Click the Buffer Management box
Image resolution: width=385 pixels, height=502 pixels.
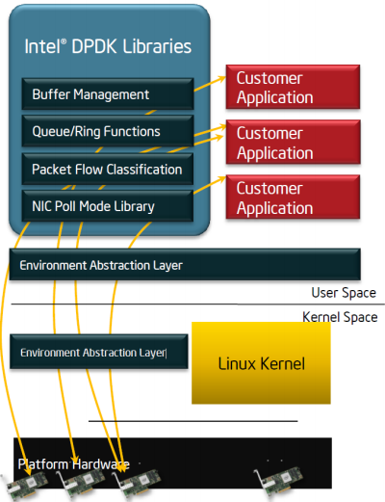pos(108,93)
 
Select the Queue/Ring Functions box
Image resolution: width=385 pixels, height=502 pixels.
pos(108,131)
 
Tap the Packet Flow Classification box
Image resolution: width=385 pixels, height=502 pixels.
pos(108,169)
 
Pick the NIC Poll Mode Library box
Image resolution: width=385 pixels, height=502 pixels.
pos(108,206)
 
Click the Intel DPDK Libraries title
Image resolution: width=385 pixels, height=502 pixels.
pos(108,46)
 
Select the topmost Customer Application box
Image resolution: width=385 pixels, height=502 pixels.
pos(293,87)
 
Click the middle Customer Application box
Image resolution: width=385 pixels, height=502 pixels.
pos(293,142)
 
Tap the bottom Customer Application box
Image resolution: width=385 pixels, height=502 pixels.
pos(293,197)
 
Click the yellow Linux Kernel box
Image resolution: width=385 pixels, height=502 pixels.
pos(261,363)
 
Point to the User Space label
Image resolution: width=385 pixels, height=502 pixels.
pos(344,293)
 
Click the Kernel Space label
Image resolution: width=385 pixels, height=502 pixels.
pos(340,317)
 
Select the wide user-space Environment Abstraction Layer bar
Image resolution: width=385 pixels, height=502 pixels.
pos(185,264)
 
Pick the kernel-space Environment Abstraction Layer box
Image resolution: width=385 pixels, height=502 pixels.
pos(99,352)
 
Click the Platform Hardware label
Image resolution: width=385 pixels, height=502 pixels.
pos(74,464)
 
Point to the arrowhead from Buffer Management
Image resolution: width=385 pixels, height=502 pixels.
pos(221,78)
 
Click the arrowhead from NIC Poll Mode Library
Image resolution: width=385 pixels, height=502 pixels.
pos(221,179)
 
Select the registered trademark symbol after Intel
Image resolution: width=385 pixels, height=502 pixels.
pos(64,41)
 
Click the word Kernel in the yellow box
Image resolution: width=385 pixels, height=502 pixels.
pos(282,363)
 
